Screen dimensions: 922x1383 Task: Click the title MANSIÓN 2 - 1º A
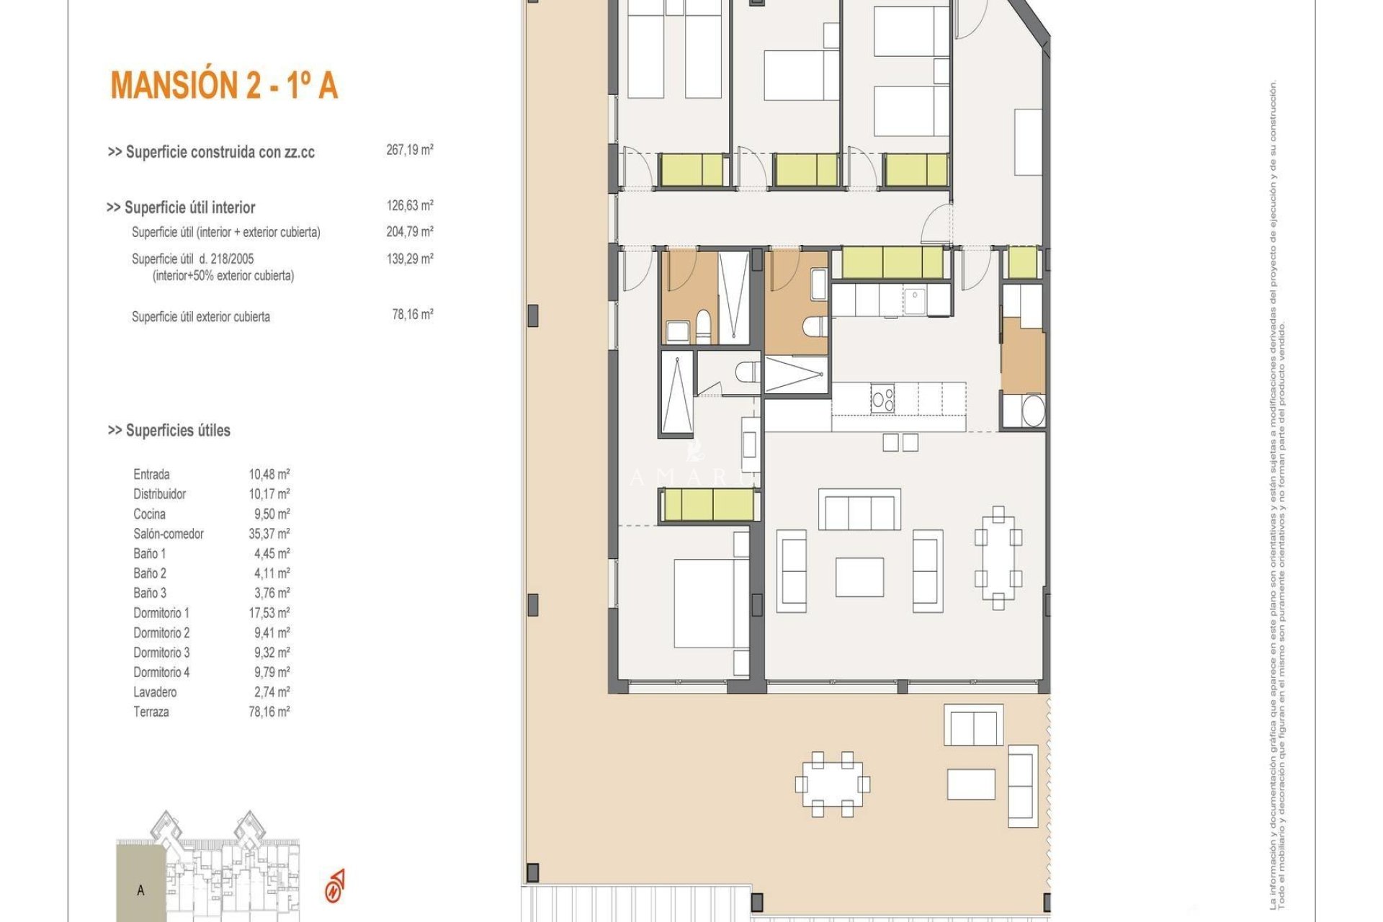224,86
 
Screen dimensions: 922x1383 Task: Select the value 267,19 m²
409,150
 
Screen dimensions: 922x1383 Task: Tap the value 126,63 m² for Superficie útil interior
409,205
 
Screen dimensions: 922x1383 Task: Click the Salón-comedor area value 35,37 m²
269,534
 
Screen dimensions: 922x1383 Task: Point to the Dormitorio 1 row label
161,613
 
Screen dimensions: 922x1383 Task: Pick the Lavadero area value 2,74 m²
269,692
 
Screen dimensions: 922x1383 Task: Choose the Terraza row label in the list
151,712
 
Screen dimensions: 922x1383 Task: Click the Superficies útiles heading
169,431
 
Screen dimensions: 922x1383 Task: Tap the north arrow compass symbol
335,886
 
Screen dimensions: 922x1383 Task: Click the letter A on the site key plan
140,890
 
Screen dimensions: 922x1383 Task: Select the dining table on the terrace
833,784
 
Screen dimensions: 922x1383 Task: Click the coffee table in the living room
859,577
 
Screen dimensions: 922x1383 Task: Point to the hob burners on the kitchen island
882,398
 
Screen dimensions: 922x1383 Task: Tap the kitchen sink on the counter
914,301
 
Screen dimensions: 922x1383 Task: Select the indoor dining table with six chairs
998,558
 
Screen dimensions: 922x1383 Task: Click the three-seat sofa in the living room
859,509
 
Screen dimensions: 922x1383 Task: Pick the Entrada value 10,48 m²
269,474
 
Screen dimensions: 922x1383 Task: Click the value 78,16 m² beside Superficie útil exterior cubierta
412,315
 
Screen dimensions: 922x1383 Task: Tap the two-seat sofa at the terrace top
973,725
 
